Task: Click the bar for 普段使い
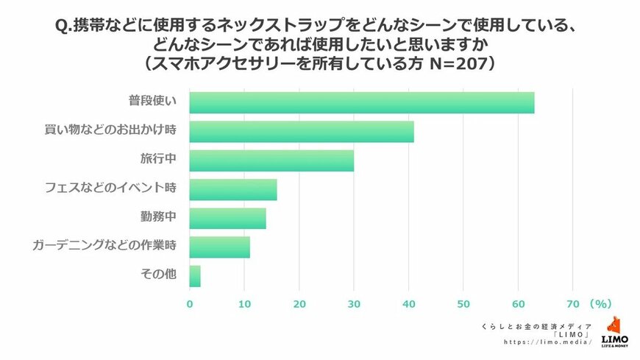pyautogui.click(x=361, y=102)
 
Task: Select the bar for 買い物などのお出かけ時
pyautogui.click(x=302, y=131)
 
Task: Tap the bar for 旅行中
pyautogui.click(x=271, y=160)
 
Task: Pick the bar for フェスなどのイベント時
pyautogui.click(x=233, y=189)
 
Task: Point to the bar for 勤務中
pyautogui.click(x=227, y=218)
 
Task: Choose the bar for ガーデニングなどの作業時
pyautogui.click(x=219, y=247)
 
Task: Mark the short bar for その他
pyautogui.click(x=195, y=275)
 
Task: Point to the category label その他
pyautogui.click(x=158, y=275)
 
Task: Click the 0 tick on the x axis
pyautogui.click(x=190, y=303)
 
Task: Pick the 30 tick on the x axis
pyautogui.click(x=354, y=303)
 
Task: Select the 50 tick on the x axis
pyautogui.click(x=463, y=303)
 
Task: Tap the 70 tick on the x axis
pyautogui.click(x=574, y=303)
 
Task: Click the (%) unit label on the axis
pyautogui.click(x=600, y=303)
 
